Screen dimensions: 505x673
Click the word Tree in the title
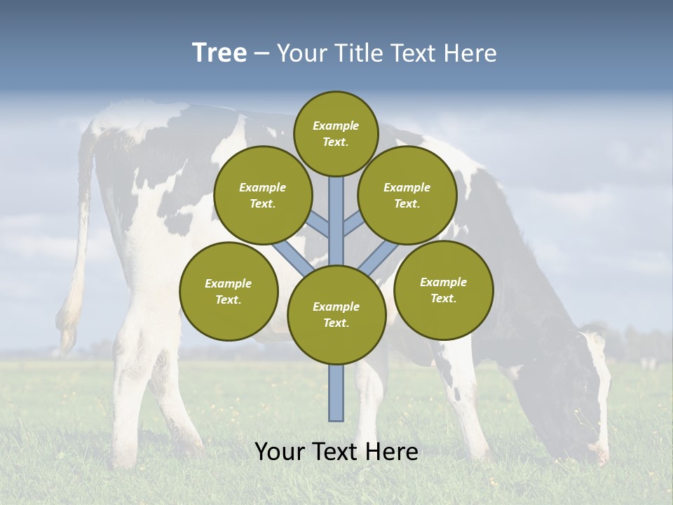tap(219, 53)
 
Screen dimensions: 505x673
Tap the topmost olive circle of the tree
tap(336, 133)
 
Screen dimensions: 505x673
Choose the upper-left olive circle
tap(263, 195)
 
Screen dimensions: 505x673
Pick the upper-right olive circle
tap(407, 195)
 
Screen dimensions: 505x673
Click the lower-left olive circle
tap(229, 291)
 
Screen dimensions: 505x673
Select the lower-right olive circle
tap(444, 290)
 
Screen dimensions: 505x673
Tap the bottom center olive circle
tap(336, 315)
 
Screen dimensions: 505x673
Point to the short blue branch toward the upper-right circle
tap(355, 224)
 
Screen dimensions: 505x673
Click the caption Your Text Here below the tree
tap(336, 452)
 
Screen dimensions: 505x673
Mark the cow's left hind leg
tap(133, 393)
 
